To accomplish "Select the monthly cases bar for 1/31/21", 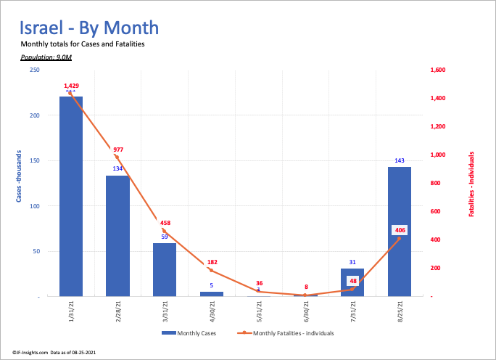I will [x=71, y=196].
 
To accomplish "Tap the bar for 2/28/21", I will [x=117, y=236].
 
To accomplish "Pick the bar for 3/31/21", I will [x=165, y=269].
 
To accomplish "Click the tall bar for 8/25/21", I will [x=399, y=232].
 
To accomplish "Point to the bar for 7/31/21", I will [x=352, y=282].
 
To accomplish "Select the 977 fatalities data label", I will [x=118, y=150].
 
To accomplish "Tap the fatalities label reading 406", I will [x=400, y=230].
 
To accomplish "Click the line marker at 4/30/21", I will [x=212, y=271].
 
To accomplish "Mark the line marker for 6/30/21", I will [x=305, y=295].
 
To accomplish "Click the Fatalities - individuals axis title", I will [x=471, y=184].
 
